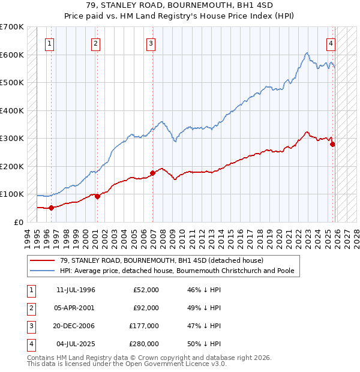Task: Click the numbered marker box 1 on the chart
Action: click(x=49, y=43)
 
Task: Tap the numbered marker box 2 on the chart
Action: click(x=95, y=43)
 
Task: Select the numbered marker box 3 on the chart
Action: click(x=151, y=43)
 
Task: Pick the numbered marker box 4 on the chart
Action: click(x=331, y=43)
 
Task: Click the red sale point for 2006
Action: click(x=152, y=173)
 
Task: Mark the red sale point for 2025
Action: click(x=332, y=144)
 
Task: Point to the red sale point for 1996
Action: click(x=51, y=208)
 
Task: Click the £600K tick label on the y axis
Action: click(x=12, y=55)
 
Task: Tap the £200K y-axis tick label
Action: click(x=12, y=166)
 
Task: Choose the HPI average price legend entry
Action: click(x=177, y=271)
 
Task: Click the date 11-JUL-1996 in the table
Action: click(x=76, y=290)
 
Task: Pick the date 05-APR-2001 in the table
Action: click(x=76, y=308)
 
